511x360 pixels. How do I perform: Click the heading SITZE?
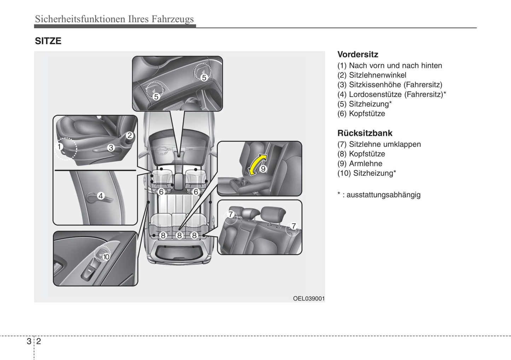[x=48, y=41]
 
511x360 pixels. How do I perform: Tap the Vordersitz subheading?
[x=358, y=54]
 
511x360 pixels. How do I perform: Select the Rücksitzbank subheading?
[x=365, y=133]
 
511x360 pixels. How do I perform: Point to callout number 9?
[x=263, y=169]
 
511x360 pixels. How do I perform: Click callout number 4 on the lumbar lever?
[x=101, y=196]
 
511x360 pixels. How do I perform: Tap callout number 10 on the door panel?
[x=106, y=257]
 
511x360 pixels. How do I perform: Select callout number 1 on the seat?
[x=59, y=147]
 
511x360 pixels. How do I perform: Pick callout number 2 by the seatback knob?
[x=130, y=135]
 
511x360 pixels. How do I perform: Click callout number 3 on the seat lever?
[x=111, y=148]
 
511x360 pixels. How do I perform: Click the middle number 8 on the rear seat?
[x=179, y=235]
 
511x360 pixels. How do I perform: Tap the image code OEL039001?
[x=308, y=299]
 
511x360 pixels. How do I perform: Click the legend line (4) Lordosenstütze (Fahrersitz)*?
[x=391, y=94]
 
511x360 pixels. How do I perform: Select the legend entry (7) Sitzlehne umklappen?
[x=379, y=144]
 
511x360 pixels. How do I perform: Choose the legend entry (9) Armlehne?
[x=360, y=164]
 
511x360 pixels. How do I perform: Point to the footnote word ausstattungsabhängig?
[x=383, y=195]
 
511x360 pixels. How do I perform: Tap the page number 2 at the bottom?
[x=39, y=341]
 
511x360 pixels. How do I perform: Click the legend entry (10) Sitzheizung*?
[x=367, y=173]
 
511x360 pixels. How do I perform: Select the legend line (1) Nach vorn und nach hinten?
[x=390, y=65]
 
